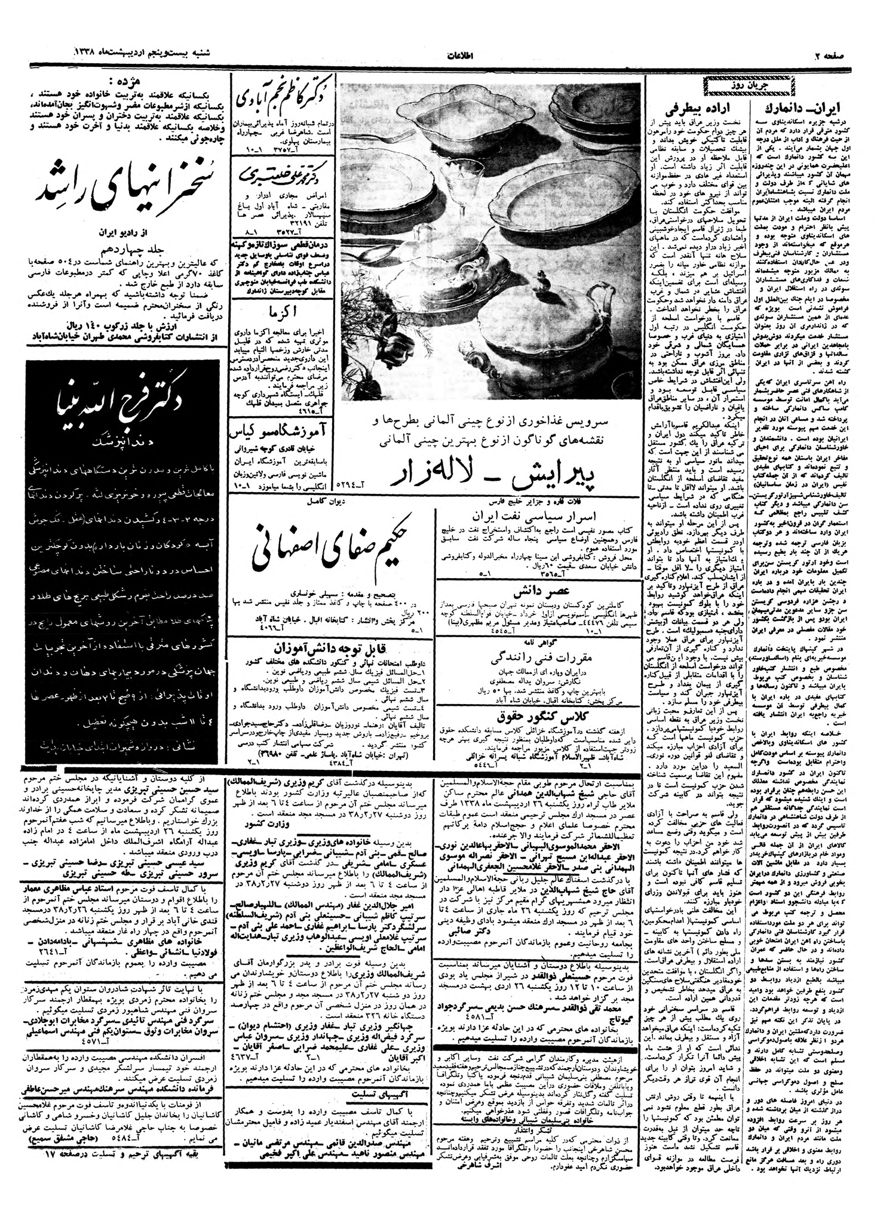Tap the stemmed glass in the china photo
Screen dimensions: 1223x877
point(460,196)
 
